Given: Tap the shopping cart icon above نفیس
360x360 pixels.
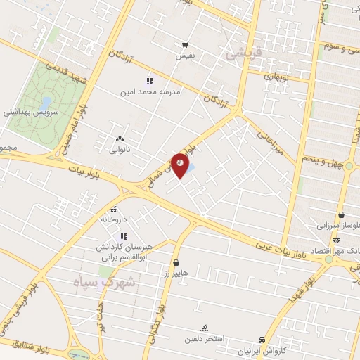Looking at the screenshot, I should click(185, 44).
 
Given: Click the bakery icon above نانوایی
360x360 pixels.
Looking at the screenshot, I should click(119, 139).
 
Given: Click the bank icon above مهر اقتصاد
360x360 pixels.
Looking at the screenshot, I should click(335, 240).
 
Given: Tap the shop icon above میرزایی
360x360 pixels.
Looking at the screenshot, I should click(341, 215).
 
